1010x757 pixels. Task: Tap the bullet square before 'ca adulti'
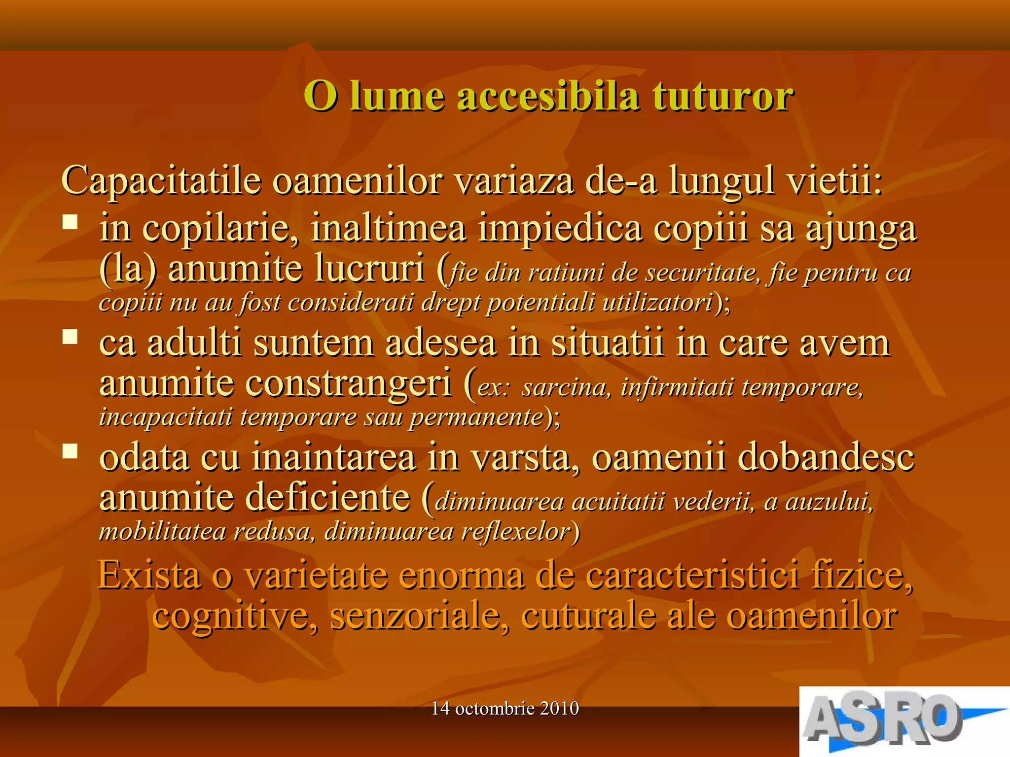point(70,337)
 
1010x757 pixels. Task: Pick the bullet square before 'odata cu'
point(70,451)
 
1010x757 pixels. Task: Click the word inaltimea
point(388,228)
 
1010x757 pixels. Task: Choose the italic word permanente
point(476,417)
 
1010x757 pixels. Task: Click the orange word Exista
point(149,575)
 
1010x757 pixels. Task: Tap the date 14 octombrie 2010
point(505,709)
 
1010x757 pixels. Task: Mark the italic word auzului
point(829,502)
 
